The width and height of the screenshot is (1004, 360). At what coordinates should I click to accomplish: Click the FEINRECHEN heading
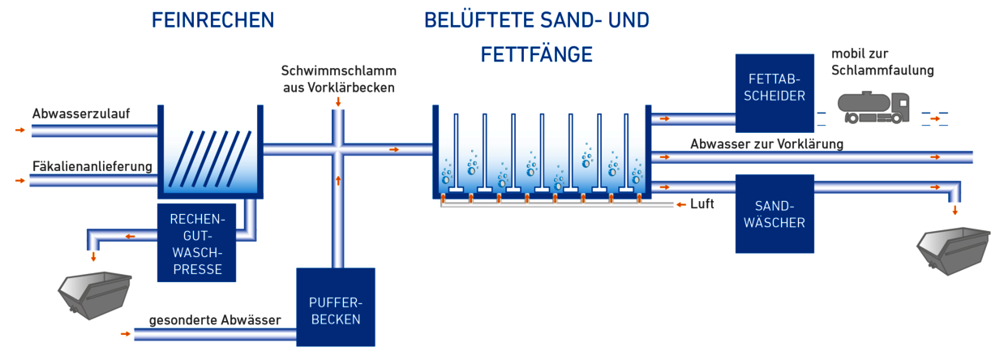[212, 20]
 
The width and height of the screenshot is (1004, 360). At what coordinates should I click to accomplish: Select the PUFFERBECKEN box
[335, 311]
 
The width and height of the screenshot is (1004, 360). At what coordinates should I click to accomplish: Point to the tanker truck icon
[872, 106]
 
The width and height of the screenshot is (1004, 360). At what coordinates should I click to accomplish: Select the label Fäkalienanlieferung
[92, 167]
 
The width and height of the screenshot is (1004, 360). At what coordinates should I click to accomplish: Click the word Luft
[702, 204]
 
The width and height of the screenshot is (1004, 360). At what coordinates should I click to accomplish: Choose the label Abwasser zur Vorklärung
[766, 144]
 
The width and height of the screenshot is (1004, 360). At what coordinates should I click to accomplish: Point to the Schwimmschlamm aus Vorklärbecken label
[338, 79]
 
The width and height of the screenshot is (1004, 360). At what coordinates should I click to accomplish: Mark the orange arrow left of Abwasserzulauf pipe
[20, 130]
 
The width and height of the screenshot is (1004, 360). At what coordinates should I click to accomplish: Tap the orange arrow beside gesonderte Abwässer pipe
[125, 333]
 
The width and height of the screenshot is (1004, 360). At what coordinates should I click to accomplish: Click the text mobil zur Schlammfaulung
[882, 62]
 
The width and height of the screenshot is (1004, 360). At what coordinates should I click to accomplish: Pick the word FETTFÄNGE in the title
[536, 54]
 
